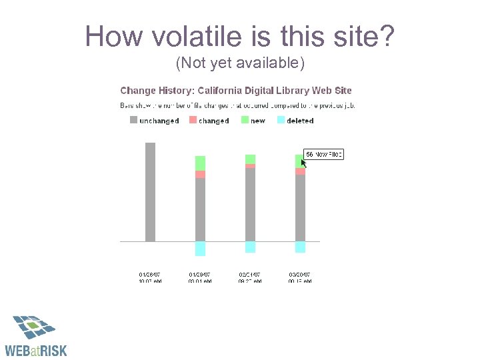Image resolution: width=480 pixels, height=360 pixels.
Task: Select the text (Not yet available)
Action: (240, 63)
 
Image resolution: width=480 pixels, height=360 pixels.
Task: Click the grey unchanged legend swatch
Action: (133, 120)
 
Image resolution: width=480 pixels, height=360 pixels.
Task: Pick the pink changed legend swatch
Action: (193, 120)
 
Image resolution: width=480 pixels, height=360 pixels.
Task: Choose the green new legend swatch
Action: (245, 120)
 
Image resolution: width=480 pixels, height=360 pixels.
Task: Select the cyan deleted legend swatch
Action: (281, 120)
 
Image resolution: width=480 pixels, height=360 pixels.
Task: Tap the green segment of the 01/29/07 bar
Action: (200, 163)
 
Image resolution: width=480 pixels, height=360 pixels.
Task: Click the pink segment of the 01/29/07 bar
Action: (200, 174)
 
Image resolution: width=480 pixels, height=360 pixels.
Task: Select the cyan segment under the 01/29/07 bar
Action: (200, 248)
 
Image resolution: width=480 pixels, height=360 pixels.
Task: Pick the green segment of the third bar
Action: (250, 159)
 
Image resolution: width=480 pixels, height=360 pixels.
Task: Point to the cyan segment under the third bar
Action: (250, 247)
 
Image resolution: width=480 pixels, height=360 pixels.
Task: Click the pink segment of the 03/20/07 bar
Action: (300, 171)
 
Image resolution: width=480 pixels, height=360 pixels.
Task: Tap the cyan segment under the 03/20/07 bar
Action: (300, 247)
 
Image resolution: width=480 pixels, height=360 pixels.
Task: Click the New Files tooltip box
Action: (324, 154)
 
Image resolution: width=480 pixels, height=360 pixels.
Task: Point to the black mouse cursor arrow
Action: (304, 162)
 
